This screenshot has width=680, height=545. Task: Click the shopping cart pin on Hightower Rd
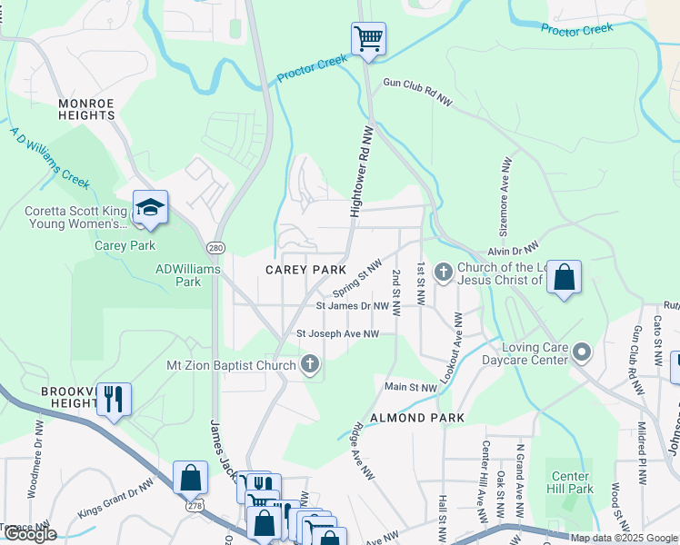(368, 39)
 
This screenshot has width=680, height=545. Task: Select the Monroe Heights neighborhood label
(87, 110)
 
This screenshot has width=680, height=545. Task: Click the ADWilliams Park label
(178, 275)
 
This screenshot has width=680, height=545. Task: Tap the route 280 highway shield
(215, 247)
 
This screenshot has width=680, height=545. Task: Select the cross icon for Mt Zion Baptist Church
(310, 366)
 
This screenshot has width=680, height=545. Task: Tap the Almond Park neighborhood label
(417, 418)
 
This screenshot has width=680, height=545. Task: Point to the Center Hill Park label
(569, 482)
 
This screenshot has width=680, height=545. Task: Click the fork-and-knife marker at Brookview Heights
(114, 398)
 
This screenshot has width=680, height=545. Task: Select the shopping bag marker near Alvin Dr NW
(564, 278)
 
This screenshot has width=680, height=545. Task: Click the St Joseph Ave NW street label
(337, 334)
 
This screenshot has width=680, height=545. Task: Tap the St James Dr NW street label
(353, 307)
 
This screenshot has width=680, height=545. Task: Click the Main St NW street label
(410, 388)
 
